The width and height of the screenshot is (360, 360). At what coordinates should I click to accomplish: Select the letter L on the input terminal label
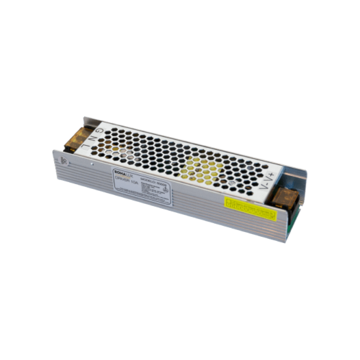(x=91, y=149)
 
